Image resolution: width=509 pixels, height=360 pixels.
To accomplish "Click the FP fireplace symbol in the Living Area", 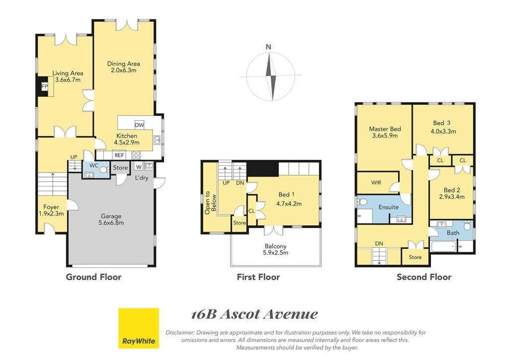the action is point(44,87).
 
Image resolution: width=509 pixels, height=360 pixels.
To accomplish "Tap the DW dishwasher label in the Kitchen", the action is point(139,125).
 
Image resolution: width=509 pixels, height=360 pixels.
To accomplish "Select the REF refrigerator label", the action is point(119,155).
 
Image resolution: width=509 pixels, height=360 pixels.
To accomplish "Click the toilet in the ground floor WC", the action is point(104,170).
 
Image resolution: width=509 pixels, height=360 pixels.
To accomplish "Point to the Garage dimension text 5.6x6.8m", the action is point(111,223).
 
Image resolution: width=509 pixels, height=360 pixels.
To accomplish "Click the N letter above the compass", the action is point(268,47).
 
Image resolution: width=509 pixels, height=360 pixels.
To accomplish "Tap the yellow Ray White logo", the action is point(139,328).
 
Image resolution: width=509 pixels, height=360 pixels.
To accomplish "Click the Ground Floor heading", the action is point(93,277).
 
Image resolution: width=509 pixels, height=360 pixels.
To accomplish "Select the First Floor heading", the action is point(258,277).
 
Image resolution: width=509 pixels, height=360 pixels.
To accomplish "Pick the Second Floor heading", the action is point(424,277).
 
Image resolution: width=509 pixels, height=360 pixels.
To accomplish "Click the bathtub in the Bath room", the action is point(443,247).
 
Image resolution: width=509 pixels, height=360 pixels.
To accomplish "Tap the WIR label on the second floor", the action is point(376,182).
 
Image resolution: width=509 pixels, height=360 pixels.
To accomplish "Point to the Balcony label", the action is point(275,246).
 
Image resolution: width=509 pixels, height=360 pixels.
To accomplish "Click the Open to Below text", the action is point(210,202).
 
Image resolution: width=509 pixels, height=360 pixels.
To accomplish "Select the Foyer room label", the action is point(51,207).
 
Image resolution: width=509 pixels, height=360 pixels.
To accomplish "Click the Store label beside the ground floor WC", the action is point(120,168).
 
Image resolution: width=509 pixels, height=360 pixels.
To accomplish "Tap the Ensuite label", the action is point(388,207).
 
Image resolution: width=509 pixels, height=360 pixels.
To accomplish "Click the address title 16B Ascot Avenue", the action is point(254,314).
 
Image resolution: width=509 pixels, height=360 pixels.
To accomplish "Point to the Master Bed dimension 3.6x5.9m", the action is point(385,136).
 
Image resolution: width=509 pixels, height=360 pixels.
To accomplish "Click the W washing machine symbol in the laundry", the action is point(139,167).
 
